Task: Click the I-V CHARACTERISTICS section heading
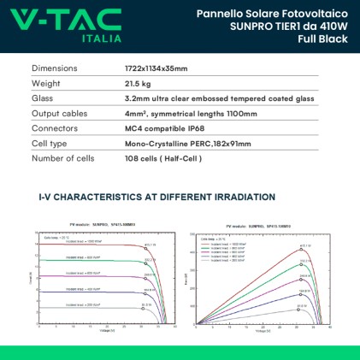point(156,197)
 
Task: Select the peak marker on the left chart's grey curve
point(145,308)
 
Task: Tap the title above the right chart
point(253,227)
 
